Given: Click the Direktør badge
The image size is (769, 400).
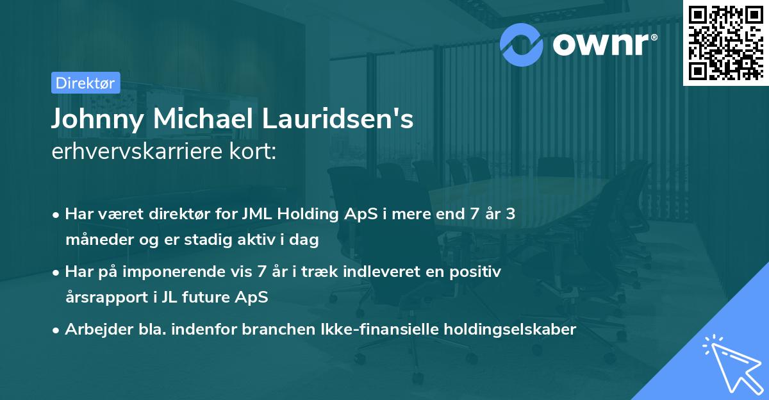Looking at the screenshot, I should tap(85, 83).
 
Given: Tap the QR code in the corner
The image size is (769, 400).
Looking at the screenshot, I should tap(725, 43).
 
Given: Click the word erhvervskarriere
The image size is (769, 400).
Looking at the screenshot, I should tap(141, 153).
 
